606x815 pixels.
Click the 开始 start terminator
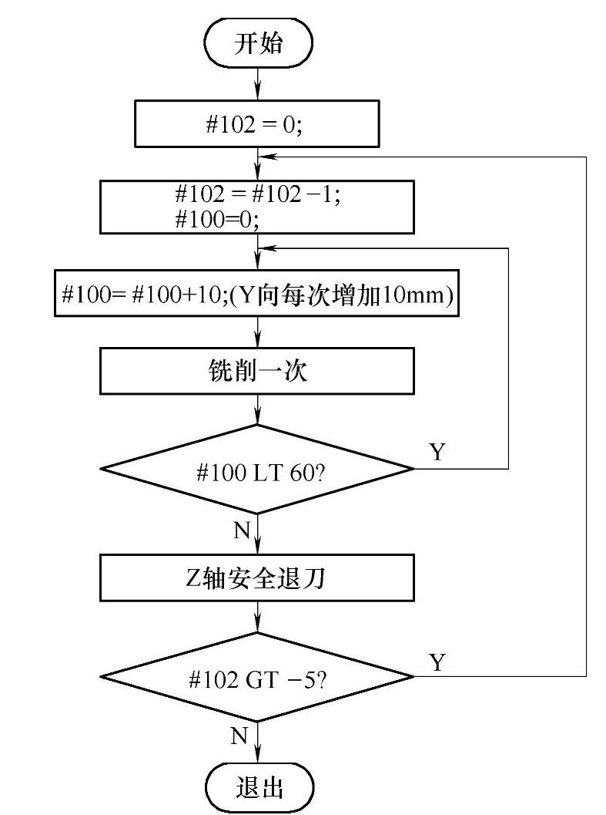[258, 43]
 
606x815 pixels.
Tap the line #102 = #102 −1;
[257, 195]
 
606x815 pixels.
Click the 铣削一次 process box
[258, 372]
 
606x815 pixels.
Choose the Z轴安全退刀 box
[258, 578]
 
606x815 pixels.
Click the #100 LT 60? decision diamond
[258, 469]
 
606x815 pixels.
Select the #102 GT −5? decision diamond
[258, 677]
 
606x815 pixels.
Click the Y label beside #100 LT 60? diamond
[437, 452]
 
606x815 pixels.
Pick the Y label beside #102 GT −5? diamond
[437, 662]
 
